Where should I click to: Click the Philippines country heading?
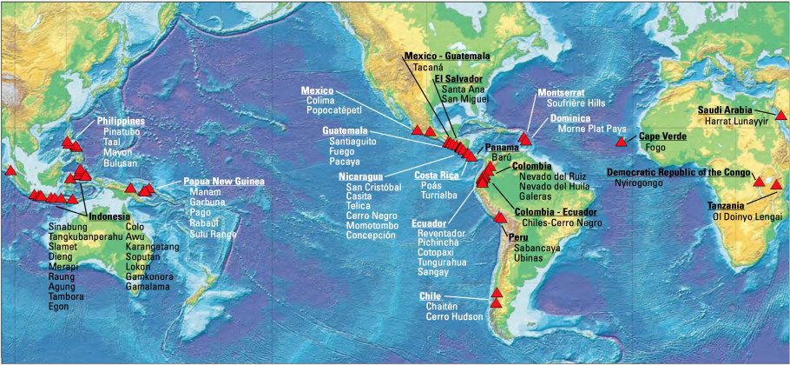[121, 121]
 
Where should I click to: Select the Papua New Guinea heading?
[224, 182]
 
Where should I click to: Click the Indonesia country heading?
[109, 216]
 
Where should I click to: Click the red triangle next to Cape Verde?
[621, 141]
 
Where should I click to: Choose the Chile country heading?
[431, 296]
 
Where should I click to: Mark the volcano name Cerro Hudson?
[454, 317]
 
